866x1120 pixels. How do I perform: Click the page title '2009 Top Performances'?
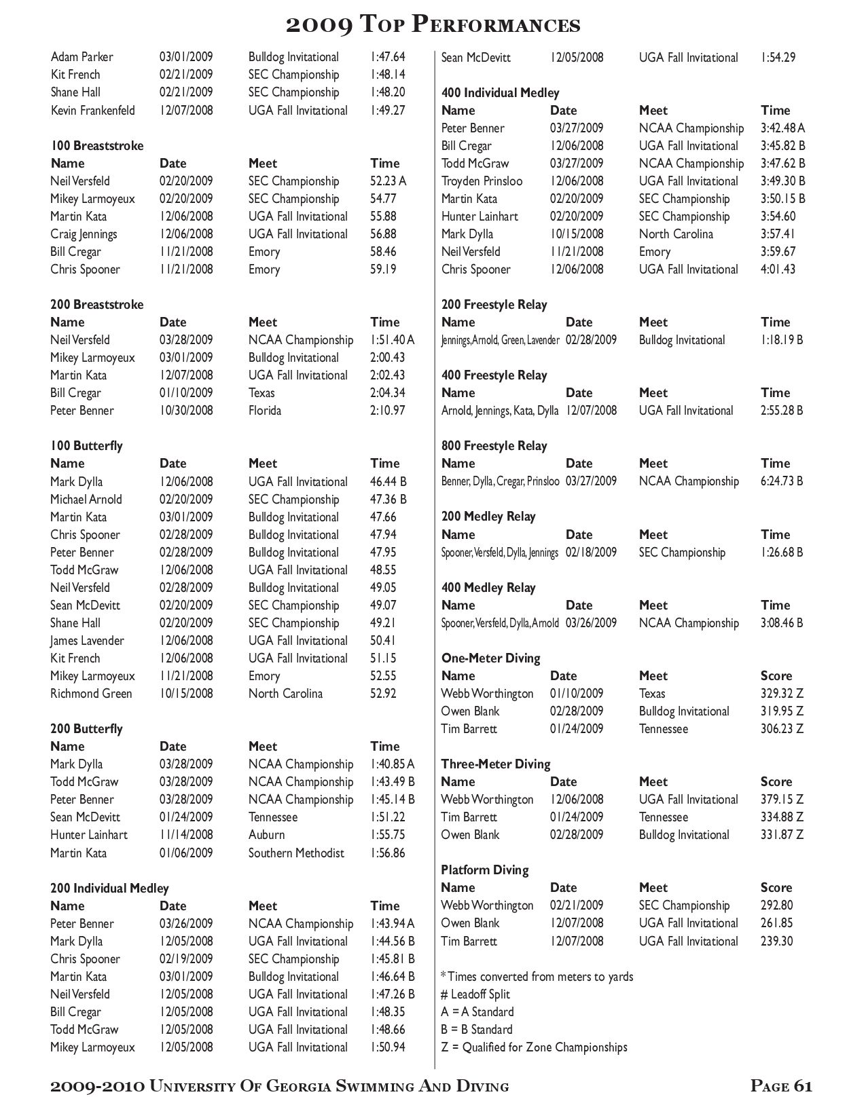point(433,25)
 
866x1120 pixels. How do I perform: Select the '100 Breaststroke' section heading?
point(96,146)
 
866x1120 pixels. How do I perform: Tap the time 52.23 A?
point(388,181)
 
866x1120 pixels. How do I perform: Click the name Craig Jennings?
point(84,234)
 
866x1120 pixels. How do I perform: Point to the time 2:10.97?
point(387,411)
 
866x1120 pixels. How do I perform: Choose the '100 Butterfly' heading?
point(86,446)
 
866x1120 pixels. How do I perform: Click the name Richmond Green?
point(91,694)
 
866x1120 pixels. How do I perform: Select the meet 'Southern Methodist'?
point(296,853)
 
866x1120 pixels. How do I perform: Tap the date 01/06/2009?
point(185,853)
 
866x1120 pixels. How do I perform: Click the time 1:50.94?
point(387,1047)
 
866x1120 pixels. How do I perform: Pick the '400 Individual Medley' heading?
point(500,93)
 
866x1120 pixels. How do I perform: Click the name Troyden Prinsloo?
point(482,181)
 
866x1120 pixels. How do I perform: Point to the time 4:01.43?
point(778,269)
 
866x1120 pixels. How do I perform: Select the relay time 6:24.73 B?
point(781,481)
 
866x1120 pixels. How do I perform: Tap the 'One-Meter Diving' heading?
point(490,658)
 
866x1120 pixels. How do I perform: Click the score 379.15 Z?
point(782,800)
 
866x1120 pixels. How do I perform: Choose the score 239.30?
point(776,941)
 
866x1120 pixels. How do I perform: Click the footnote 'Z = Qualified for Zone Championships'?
point(534,1047)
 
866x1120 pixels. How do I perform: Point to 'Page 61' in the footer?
point(781,1087)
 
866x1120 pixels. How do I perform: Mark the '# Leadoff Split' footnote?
point(475,994)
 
